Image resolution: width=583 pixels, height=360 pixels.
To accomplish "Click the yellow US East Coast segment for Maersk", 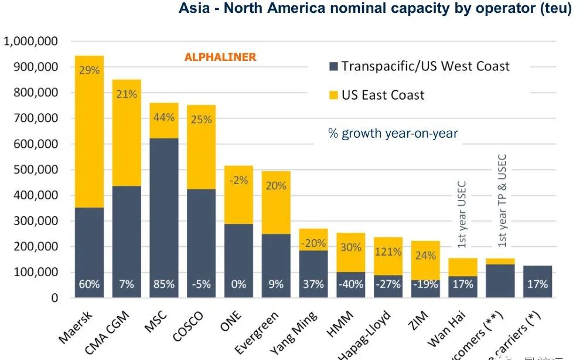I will (x=89, y=141).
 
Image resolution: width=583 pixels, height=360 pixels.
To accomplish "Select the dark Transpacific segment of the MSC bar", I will (x=164, y=205).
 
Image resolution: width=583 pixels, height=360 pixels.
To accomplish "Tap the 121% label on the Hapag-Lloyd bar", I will (x=388, y=253).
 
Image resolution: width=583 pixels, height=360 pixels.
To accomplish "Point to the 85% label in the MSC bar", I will (x=164, y=284).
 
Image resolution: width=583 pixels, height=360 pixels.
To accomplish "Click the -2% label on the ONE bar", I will (x=238, y=181).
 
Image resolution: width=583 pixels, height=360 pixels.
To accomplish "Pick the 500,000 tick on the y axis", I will (x=37, y=169).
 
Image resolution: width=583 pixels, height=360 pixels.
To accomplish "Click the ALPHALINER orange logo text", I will (x=220, y=57).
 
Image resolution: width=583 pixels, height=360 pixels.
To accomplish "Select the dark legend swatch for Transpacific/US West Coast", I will (x=334, y=66).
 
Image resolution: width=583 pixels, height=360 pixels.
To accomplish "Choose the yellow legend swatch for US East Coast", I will (x=334, y=94).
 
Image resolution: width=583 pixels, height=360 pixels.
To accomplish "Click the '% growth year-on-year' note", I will (x=393, y=134).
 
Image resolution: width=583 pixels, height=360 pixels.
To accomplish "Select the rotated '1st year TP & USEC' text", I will (x=501, y=201).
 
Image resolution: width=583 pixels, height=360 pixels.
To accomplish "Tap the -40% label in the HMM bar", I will (x=350, y=284).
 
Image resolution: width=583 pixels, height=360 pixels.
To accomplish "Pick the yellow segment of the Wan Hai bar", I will (x=462, y=267).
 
